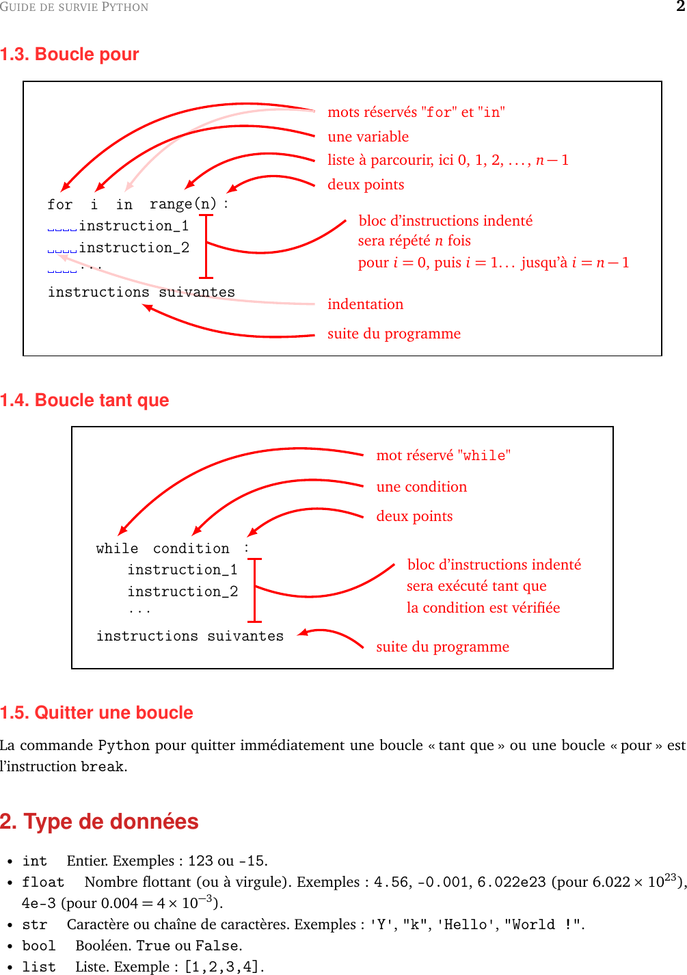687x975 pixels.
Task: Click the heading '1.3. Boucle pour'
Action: coord(70,54)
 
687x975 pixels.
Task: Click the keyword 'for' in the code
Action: coord(59,204)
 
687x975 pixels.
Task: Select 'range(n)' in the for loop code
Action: coord(183,204)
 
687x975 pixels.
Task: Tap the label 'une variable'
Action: coord(368,137)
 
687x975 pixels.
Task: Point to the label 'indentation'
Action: coord(365,304)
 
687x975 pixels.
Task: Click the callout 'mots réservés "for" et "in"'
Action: coord(416,112)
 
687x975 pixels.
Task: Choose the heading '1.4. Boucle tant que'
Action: coord(85,400)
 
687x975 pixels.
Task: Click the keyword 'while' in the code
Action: coord(117,548)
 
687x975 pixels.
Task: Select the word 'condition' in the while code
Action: coord(191,548)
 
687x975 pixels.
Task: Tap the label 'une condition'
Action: coord(421,487)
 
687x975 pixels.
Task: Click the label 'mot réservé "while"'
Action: coord(443,455)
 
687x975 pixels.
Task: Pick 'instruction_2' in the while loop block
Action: coord(183,591)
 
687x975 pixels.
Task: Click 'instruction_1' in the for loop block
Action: coord(133,226)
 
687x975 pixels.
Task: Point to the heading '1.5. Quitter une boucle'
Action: coord(96,712)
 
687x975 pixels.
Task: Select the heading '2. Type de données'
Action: coord(99,821)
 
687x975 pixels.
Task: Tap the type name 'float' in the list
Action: coord(43,882)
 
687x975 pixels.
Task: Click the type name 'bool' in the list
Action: coord(39,946)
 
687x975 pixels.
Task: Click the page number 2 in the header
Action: coord(681,7)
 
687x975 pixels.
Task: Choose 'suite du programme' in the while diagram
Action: coord(442,647)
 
